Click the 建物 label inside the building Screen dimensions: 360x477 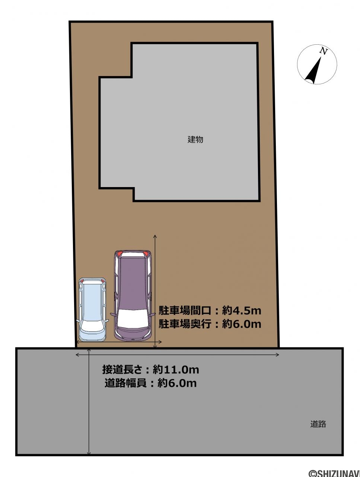coord(195,139)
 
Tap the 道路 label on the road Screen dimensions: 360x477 coord(318,424)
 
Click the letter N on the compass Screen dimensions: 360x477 coord(324,51)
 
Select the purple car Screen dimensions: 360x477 coord(133,296)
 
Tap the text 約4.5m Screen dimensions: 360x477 coord(242,311)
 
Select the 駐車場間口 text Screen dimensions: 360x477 coord(185,311)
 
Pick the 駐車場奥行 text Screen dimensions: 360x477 coord(185,324)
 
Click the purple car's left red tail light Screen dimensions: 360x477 coord(120,253)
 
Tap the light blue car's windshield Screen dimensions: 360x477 coord(92,326)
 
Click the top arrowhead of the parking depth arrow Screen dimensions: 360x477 coord(155,236)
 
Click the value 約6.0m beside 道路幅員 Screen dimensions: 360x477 coord(177,383)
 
